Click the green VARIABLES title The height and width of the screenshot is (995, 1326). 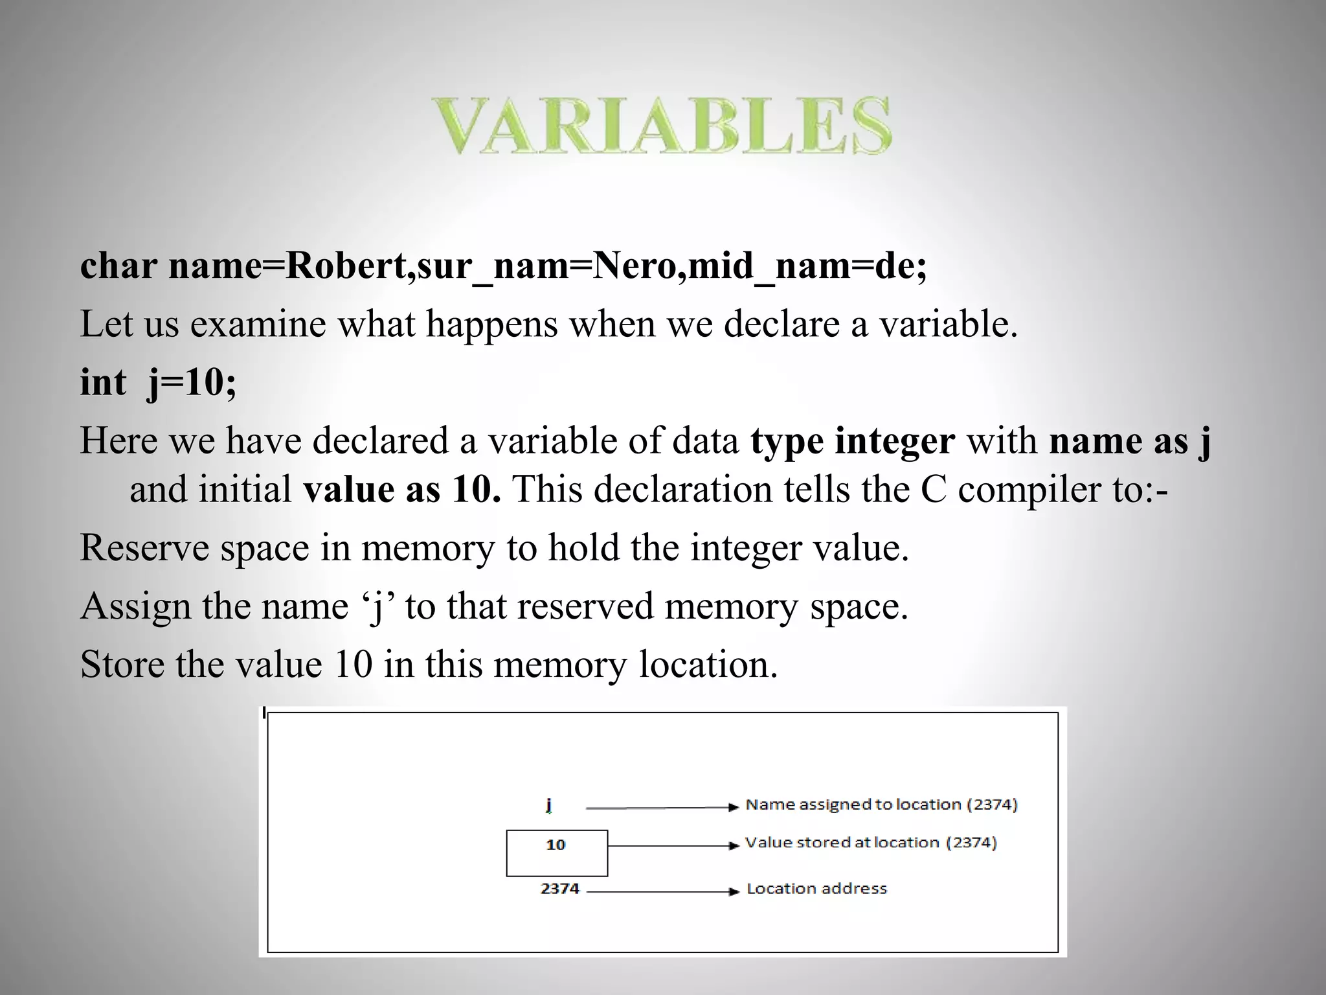tap(660, 126)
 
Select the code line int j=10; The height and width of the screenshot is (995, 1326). tap(159, 382)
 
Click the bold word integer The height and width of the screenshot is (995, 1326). tap(894, 440)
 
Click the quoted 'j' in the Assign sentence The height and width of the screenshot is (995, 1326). tap(377, 606)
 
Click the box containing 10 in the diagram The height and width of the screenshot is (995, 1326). tap(556, 852)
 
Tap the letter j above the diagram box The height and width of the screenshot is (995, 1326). tap(548, 805)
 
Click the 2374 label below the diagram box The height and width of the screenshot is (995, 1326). tap(559, 889)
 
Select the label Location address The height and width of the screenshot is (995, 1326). tap(816, 889)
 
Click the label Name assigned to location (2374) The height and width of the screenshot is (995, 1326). tap(881, 805)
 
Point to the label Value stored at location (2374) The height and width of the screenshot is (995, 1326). tap(871, 843)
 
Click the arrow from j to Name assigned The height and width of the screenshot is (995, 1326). tap(660, 808)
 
